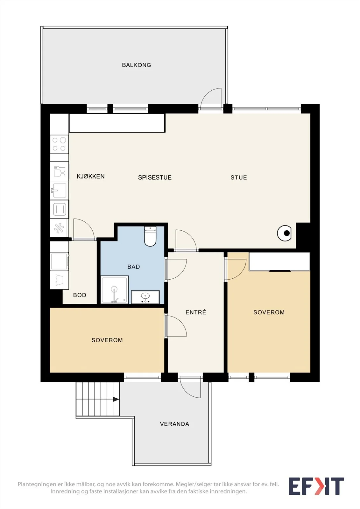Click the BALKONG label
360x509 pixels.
pyautogui.click(x=137, y=65)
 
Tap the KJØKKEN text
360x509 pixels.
pyautogui.click(x=90, y=176)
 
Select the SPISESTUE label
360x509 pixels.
pyautogui.click(x=155, y=178)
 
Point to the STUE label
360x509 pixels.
pyautogui.click(x=238, y=178)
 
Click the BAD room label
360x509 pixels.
pyautogui.click(x=133, y=267)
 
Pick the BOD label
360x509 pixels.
pyautogui.click(x=80, y=295)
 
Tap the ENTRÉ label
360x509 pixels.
pyautogui.click(x=195, y=312)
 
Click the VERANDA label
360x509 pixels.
pyautogui.click(x=174, y=424)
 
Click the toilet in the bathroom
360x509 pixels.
pyautogui.click(x=150, y=236)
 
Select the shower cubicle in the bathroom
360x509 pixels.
pyautogui.click(x=115, y=289)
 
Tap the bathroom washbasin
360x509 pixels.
pyautogui.click(x=145, y=297)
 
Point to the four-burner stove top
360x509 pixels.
pyautogui.click(x=59, y=144)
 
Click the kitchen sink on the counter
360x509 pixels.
pyautogui.click(x=59, y=191)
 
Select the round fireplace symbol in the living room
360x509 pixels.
pyautogui.click(x=284, y=233)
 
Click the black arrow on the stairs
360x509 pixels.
pyautogui.click(x=116, y=399)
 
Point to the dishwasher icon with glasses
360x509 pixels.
pyautogui.click(x=59, y=171)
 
